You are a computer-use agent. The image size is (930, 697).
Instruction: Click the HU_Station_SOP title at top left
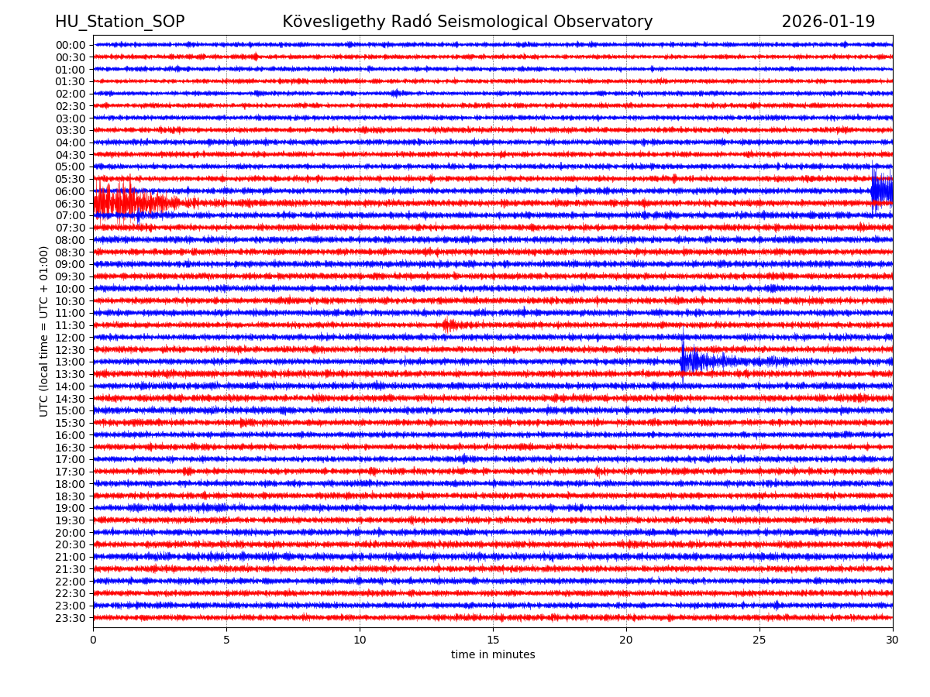(119, 22)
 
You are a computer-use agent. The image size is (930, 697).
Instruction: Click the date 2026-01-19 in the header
(828, 22)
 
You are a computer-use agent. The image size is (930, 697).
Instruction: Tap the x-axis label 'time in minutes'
(493, 654)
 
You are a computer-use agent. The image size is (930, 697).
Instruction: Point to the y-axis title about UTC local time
(44, 331)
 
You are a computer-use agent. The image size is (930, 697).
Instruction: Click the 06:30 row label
(71, 204)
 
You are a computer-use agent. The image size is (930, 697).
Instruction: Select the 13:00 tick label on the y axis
(71, 362)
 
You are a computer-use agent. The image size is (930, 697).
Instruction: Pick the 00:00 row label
(71, 45)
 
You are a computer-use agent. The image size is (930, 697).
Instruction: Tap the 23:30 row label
(71, 618)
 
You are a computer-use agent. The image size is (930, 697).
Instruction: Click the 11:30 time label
(71, 325)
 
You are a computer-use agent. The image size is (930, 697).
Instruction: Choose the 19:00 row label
(71, 508)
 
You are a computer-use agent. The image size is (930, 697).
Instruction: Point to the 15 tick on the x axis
(493, 640)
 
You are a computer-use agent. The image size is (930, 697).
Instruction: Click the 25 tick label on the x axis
(759, 640)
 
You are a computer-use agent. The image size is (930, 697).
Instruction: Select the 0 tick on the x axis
(93, 640)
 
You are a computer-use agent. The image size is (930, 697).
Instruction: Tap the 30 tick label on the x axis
(893, 640)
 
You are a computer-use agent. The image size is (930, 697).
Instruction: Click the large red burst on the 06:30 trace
(124, 203)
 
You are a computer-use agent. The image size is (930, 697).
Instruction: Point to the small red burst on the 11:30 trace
(448, 325)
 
